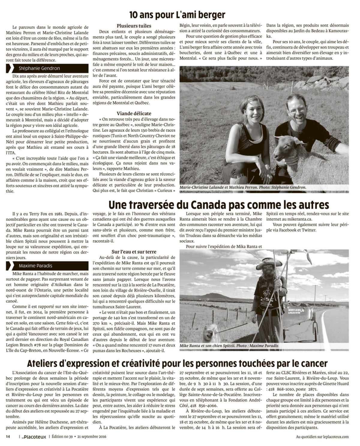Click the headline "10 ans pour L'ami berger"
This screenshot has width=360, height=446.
click(x=177, y=15)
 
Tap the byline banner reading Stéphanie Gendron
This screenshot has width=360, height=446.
click(x=47, y=68)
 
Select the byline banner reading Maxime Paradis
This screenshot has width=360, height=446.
click(x=47, y=266)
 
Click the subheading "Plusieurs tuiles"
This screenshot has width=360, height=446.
click(x=134, y=26)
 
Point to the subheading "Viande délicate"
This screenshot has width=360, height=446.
click(x=134, y=113)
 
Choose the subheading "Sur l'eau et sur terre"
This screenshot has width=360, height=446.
click(x=134, y=252)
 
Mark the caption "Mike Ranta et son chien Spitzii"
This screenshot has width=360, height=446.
click(x=207, y=346)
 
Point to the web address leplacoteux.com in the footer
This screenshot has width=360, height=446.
click(x=334, y=437)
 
